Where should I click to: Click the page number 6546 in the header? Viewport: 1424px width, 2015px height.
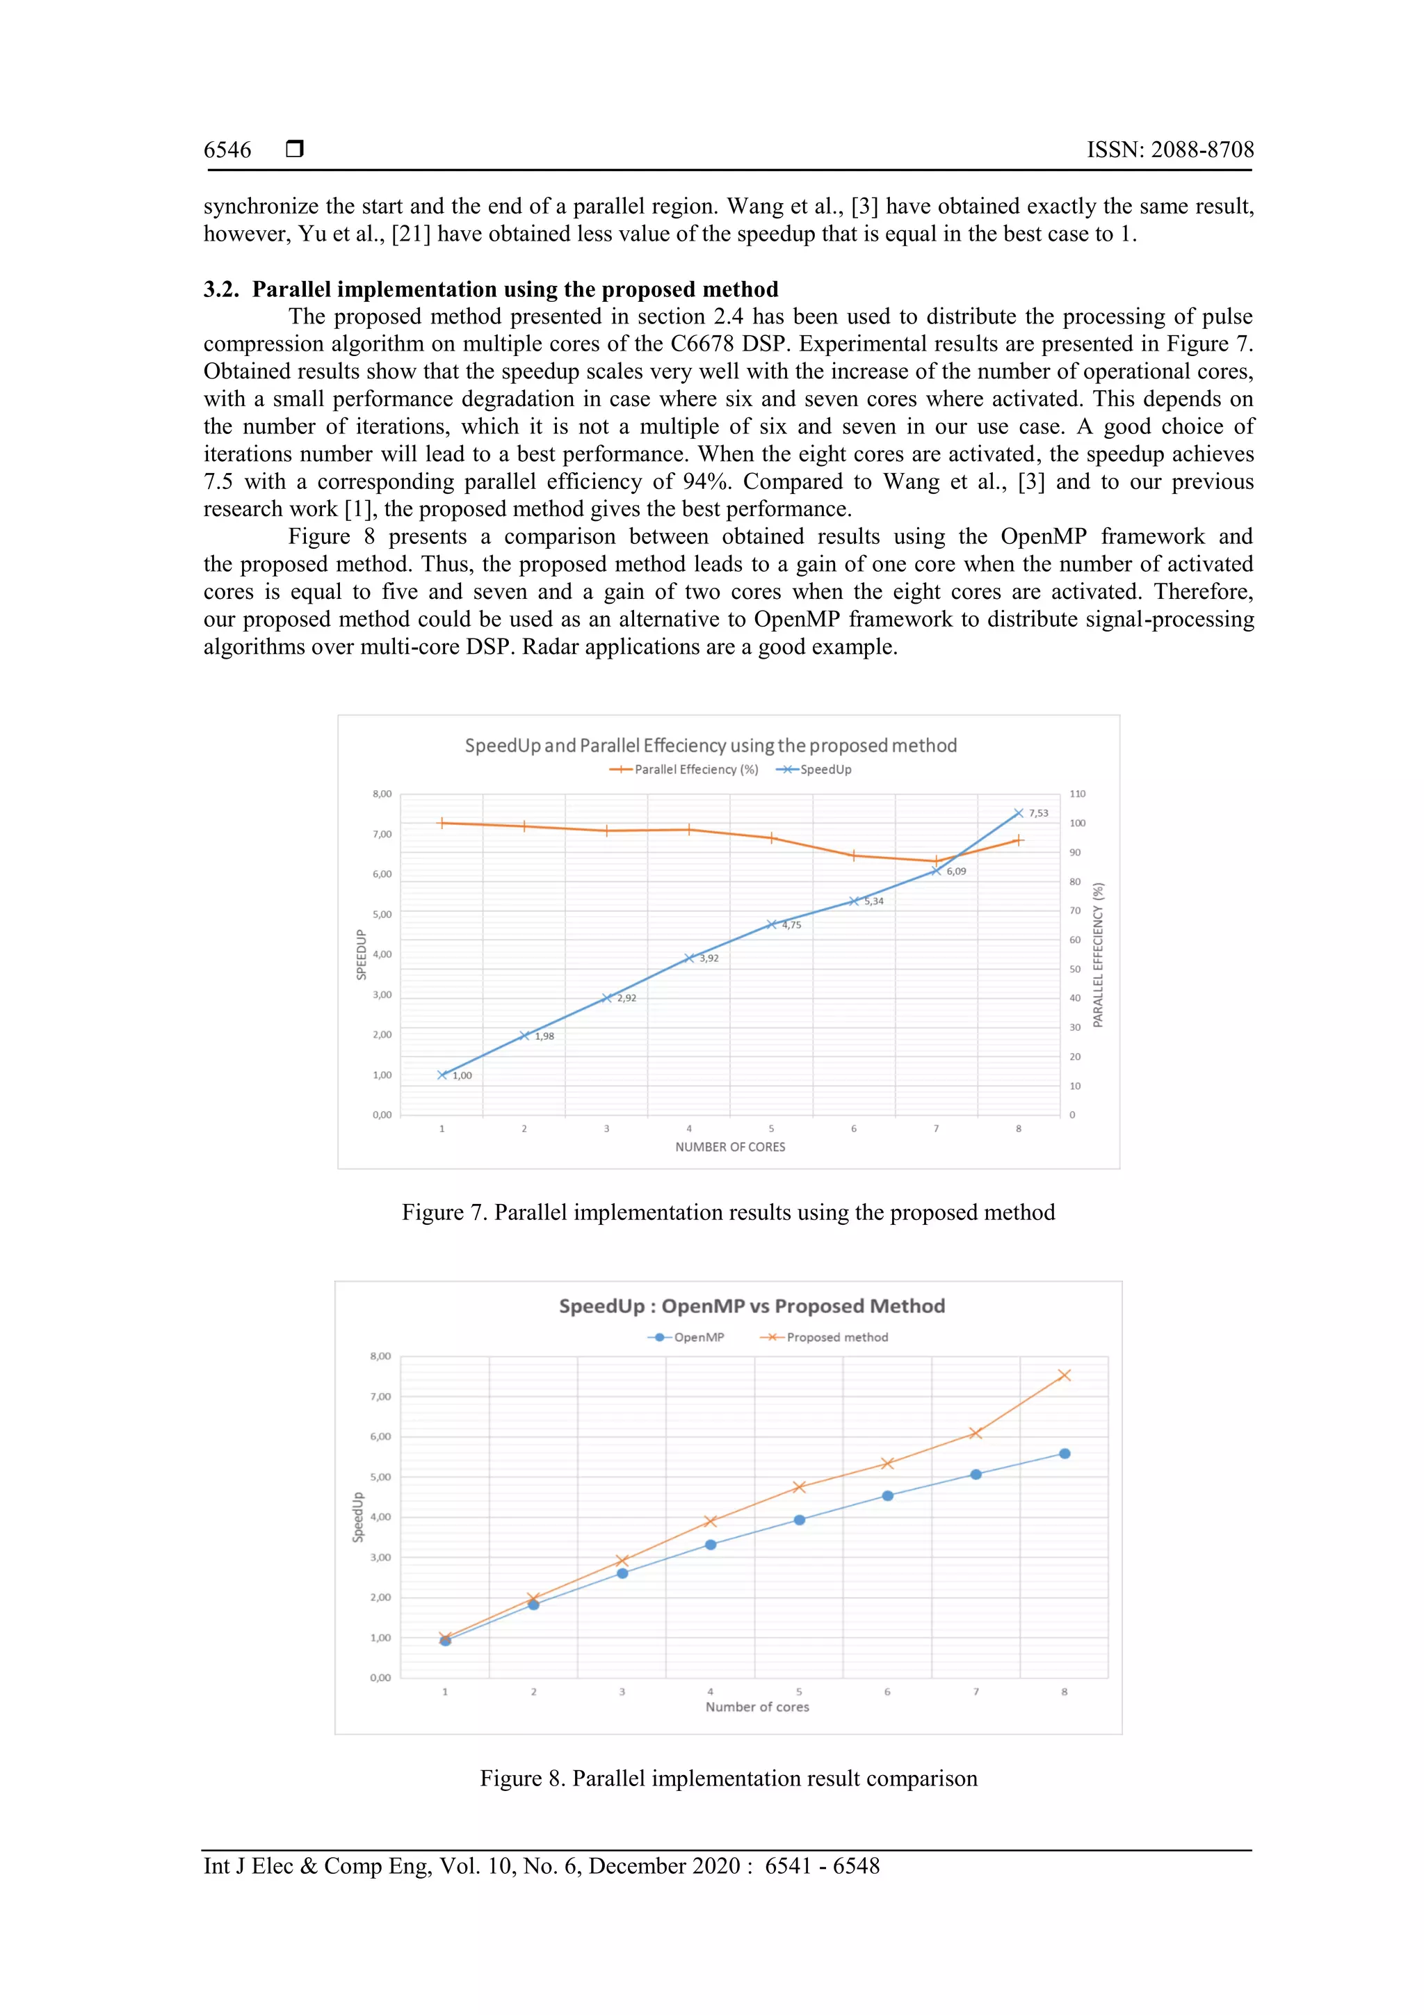227,150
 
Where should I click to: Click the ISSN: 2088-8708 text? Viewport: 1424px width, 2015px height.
1170,150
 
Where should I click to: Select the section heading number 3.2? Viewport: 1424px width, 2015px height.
221,289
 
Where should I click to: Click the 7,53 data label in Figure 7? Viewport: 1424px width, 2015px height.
1038,814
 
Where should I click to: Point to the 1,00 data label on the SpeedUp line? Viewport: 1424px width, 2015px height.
462,1076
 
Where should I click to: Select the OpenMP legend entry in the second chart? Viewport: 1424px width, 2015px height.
698,1338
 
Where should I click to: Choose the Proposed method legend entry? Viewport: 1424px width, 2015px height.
836,1338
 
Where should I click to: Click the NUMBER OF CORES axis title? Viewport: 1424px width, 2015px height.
730,1147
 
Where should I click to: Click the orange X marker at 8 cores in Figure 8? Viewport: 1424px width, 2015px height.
1065,1375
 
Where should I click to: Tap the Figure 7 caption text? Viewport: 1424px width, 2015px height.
728,1213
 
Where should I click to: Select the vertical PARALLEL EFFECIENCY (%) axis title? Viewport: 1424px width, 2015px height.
1098,955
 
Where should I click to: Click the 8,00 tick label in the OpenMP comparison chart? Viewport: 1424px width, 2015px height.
380,1357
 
